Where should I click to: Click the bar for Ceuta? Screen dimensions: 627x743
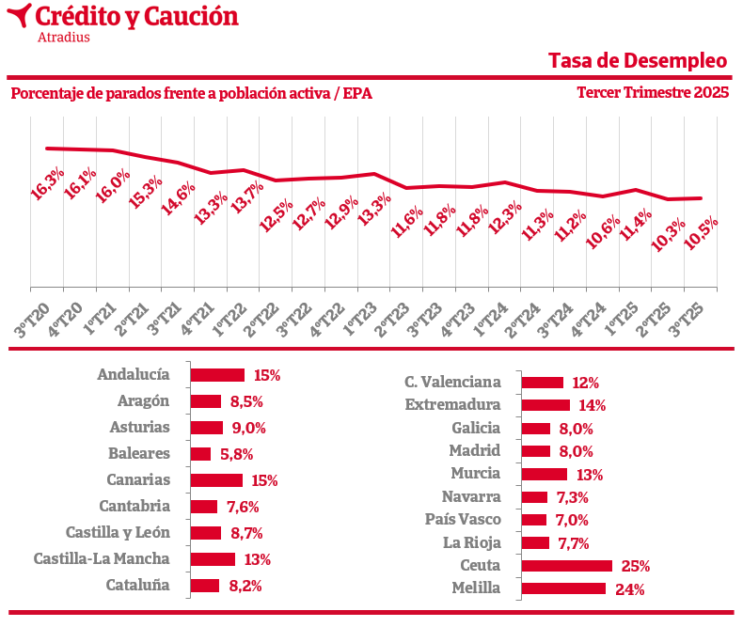pos(566,566)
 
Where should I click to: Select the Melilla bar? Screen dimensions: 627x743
pos(563,588)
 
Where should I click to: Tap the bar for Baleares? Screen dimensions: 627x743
pos(200,454)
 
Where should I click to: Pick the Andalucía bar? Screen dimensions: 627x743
pos(217,375)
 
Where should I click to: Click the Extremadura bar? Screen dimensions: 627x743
pos(545,405)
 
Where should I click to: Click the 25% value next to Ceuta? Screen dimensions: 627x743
pos(636,566)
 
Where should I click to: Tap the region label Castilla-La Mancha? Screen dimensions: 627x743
pos(102,558)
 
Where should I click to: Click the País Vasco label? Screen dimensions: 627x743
pos(463,519)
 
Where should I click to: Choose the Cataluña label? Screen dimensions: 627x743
pos(137,585)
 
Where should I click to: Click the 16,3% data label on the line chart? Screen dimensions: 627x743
pos(48,183)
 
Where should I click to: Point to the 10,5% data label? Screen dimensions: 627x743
pos(701,235)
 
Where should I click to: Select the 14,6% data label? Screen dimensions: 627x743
pos(178,199)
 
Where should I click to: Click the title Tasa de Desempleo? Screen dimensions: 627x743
pos(638,61)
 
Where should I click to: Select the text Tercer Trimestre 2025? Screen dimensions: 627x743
pos(653,93)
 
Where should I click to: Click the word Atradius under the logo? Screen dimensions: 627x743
pos(64,38)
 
